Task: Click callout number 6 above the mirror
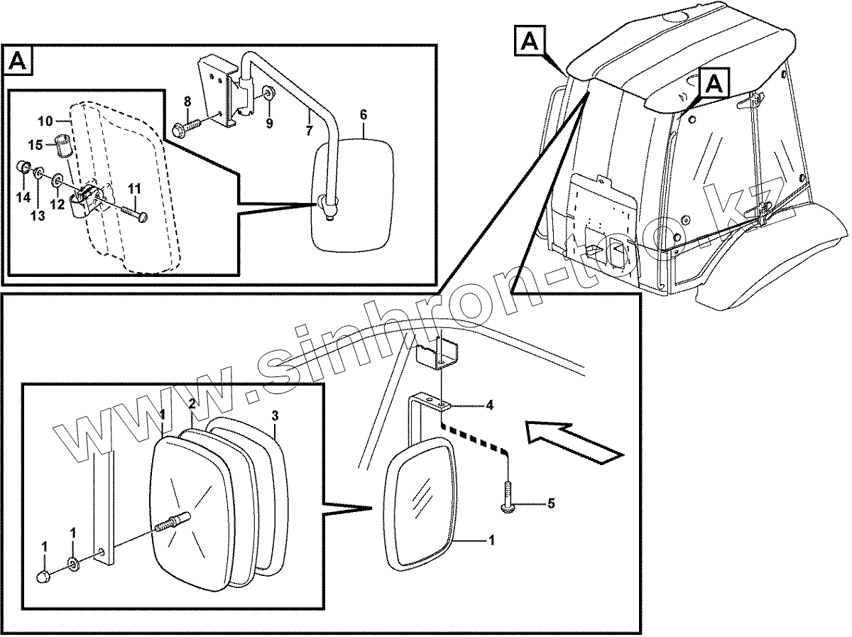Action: click(364, 114)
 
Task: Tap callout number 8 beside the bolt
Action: click(187, 101)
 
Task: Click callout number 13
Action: click(38, 215)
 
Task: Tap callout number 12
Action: click(58, 205)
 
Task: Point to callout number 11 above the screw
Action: click(134, 188)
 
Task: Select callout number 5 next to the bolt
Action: click(550, 504)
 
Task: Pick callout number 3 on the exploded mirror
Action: click(275, 415)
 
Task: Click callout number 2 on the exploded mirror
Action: click(192, 405)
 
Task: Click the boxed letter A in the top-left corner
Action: click(19, 62)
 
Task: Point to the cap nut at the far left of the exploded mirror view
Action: click(45, 577)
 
